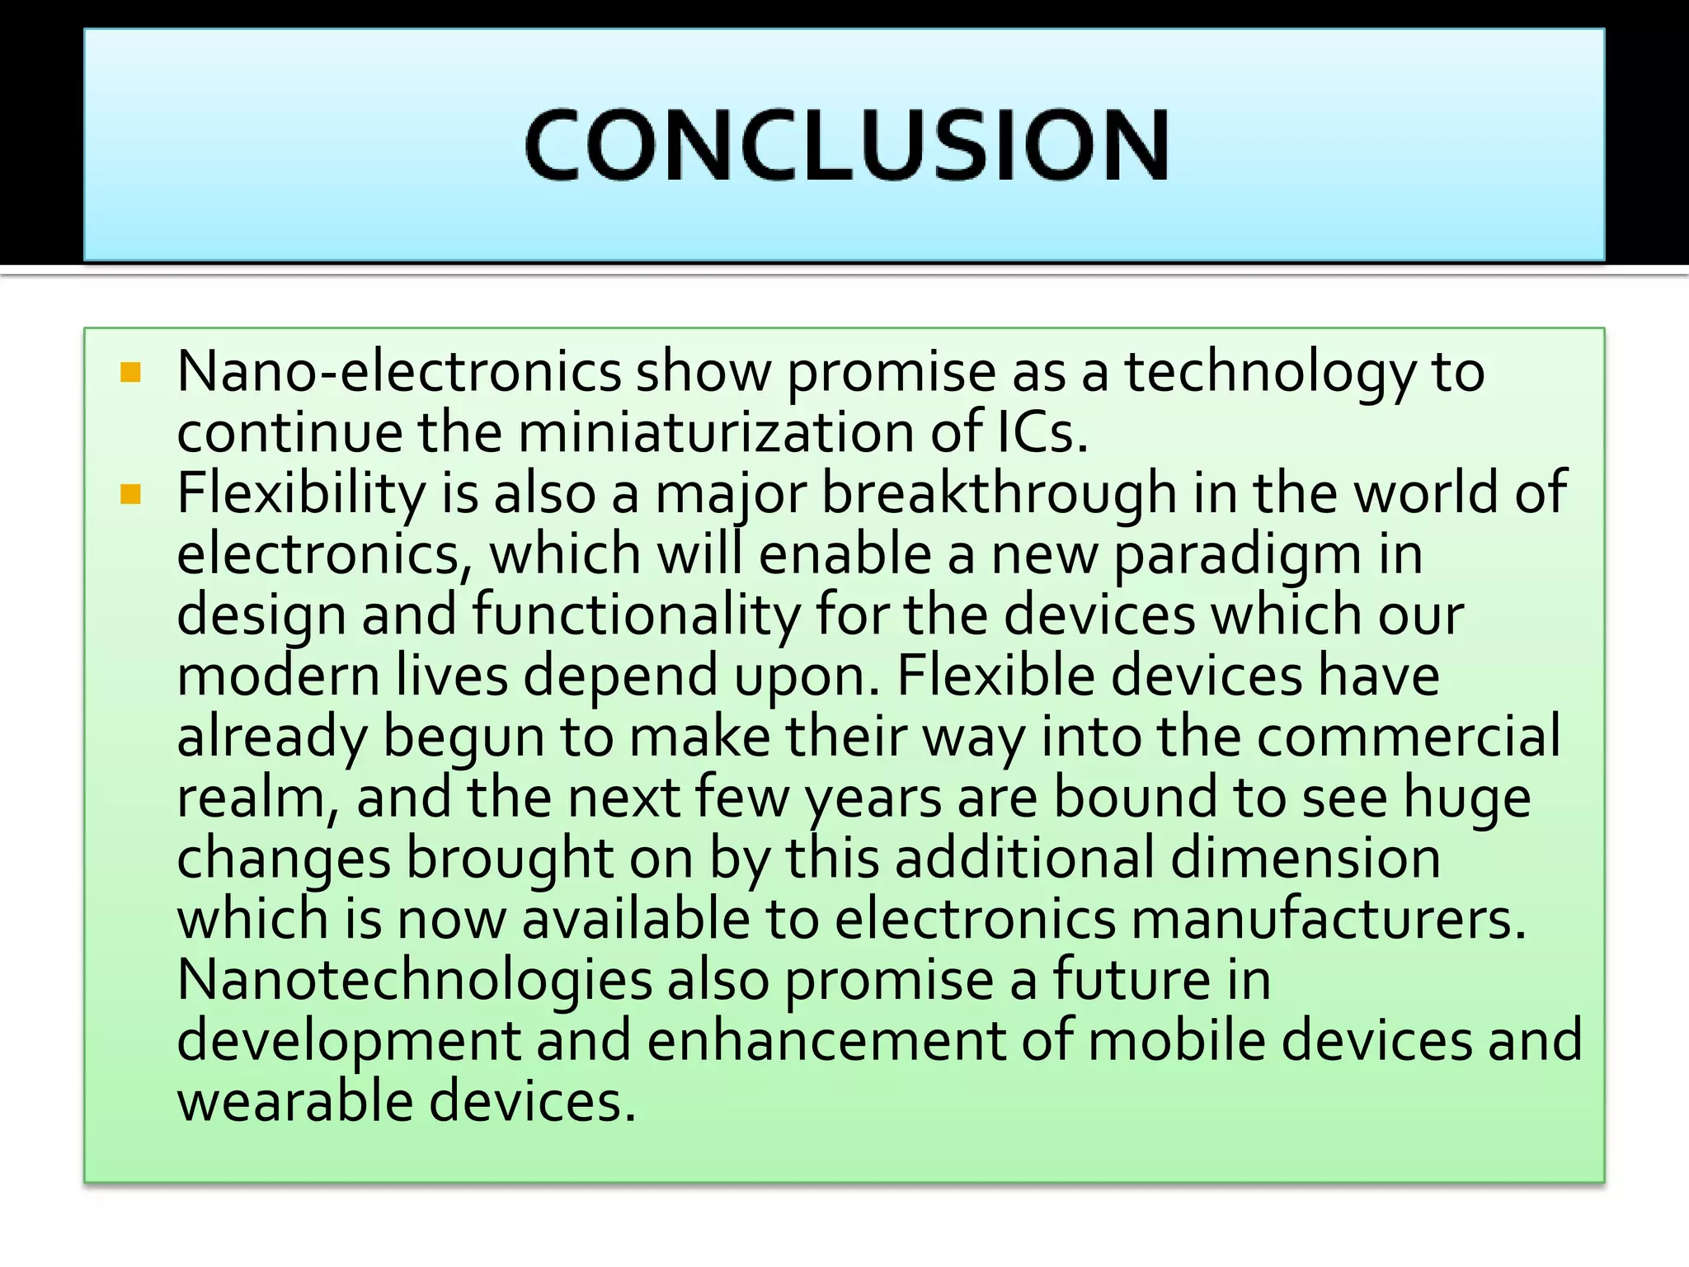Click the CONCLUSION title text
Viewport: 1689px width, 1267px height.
pyautogui.click(x=846, y=146)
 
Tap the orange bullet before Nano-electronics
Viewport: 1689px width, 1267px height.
pyautogui.click(x=131, y=373)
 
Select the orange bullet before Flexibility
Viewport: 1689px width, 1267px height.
pyautogui.click(x=131, y=494)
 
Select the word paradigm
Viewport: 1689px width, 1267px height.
pyautogui.click(x=1237, y=555)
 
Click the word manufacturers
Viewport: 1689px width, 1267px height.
pyautogui.click(x=1328, y=919)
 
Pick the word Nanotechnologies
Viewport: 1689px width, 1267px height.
pyautogui.click(x=415, y=980)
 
